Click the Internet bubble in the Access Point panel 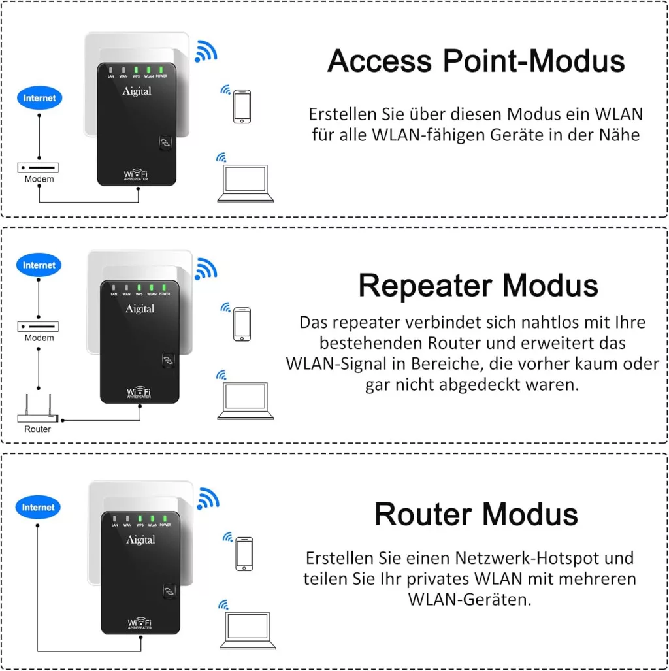[40, 99]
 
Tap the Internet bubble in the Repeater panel [40, 265]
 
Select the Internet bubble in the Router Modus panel [38, 508]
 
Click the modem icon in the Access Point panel [39, 168]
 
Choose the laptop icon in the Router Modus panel [244, 631]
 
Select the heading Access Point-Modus [476, 61]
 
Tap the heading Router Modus [476, 514]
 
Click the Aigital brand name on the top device [137, 91]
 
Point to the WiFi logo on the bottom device [140, 623]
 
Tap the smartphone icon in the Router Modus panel [244, 554]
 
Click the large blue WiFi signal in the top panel [206, 50]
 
